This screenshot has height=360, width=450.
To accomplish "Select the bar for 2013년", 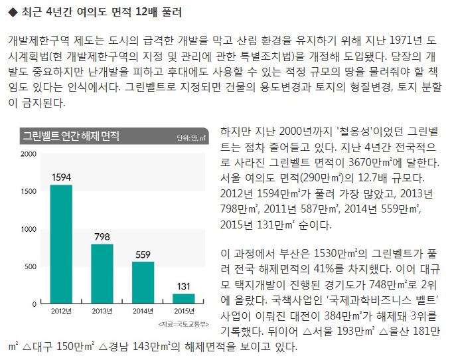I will coord(102,273).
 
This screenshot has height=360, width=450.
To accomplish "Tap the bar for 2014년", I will coord(143,282).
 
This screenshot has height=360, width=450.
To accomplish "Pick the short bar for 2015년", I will coord(184,298).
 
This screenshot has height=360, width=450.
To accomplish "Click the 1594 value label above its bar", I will coord(61,177).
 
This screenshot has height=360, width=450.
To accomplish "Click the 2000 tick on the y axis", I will coord(29,154).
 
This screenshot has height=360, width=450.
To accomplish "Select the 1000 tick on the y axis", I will coord(29,229).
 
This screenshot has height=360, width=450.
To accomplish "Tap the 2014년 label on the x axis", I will coord(143,312).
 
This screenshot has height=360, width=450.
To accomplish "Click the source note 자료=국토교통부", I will coord(184,325).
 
